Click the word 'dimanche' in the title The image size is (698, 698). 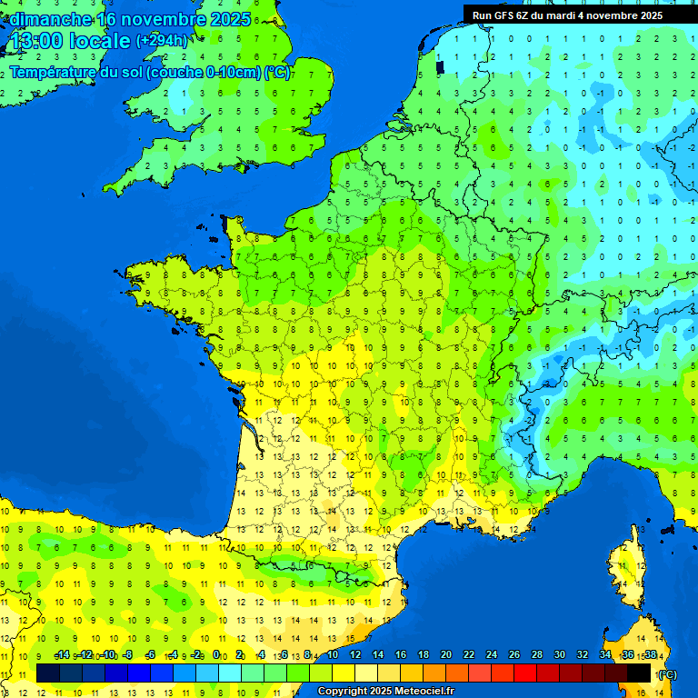pyautogui.click(x=51, y=19)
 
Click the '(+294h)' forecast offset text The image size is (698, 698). pyautogui.click(x=162, y=41)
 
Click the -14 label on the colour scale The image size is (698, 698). pyautogui.click(x=62, y=654)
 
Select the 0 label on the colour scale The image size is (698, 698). pyautogui.click(x=216, y=654)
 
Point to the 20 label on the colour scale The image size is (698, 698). pyautogui.click(x=445, y=654)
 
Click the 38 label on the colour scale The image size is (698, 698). pyautogui.click(x=650, y=654)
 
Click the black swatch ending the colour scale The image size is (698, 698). pyautogui.click(x=639, y=673)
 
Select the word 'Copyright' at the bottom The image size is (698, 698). pyautogui.click(x=343, y=692)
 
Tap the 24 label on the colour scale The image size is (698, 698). pyautogui.click(x=491, y=654)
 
